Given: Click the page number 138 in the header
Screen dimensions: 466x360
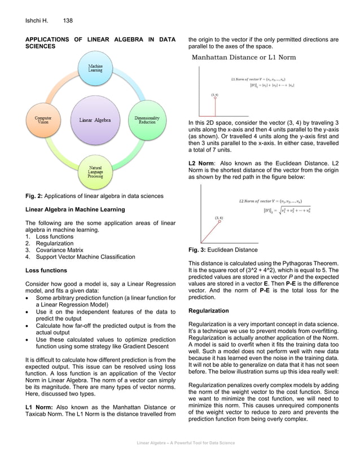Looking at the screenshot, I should [68, 21].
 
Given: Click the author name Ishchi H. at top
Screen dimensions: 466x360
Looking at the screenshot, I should [37, 21].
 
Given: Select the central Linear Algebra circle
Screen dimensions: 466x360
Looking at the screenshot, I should [95, 120].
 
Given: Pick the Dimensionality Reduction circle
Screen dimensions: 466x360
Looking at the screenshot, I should [147, 120].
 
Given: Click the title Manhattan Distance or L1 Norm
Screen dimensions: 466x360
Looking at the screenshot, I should [244, 57].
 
